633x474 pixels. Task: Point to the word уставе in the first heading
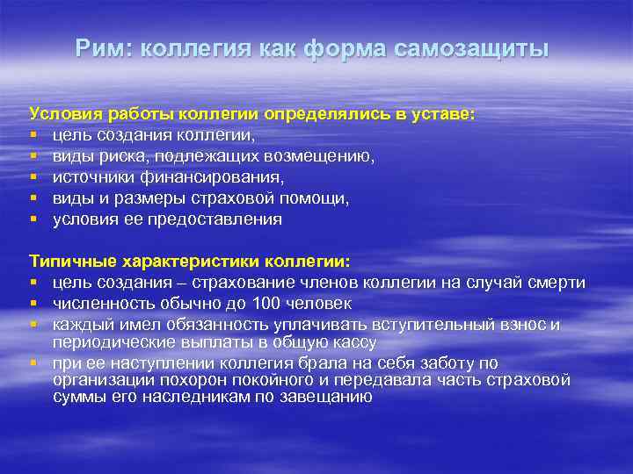441,114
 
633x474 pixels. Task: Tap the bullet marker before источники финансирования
33,177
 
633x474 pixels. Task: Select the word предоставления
212,219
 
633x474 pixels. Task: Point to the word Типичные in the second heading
68,262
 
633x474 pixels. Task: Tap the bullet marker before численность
33,304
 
